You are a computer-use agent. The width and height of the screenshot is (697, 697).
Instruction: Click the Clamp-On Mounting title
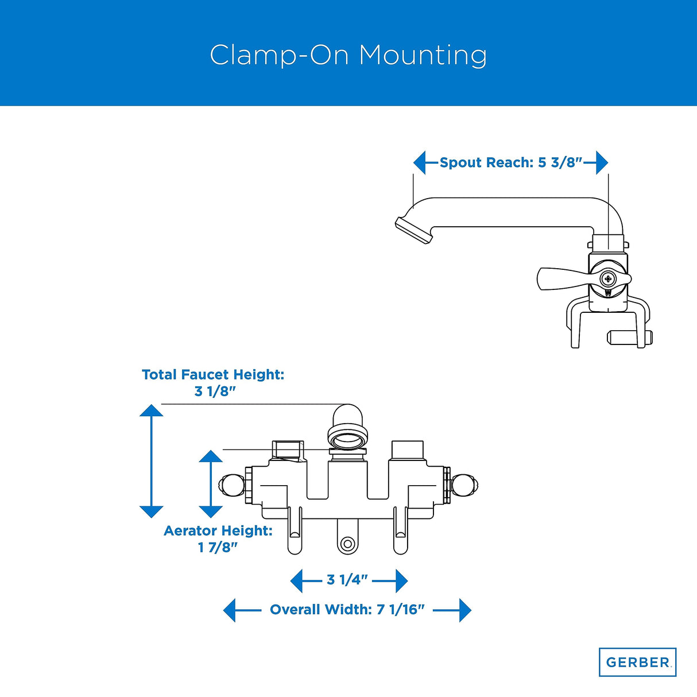coord(348,55)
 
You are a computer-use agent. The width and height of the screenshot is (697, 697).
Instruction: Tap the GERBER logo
coord(637,662)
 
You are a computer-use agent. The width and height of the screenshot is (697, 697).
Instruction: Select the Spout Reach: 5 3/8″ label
coord(510,162)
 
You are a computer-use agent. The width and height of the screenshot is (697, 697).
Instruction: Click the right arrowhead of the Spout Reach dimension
coord(601,162)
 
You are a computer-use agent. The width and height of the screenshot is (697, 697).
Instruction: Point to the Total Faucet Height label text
coord(213,375)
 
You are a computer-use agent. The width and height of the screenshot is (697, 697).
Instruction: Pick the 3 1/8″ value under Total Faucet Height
coord(215,392)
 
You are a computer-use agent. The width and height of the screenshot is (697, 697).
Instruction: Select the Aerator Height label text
coord(218,531)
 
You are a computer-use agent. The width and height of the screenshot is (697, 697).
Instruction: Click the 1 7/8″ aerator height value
coord(218,548)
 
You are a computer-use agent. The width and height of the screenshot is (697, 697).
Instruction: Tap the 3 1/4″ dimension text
coord(347,580)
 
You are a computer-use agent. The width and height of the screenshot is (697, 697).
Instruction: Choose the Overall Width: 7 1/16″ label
coord(347,610)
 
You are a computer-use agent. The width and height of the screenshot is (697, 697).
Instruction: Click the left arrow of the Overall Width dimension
coord(230,610)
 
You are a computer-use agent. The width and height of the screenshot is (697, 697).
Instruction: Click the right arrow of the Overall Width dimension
coord(464,610)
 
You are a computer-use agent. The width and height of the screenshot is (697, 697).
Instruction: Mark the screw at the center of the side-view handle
coord(608,279)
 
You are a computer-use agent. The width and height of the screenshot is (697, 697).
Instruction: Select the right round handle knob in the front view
coord(464,485)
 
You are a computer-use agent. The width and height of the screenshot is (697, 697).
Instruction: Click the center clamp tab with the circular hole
coord(347,543)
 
